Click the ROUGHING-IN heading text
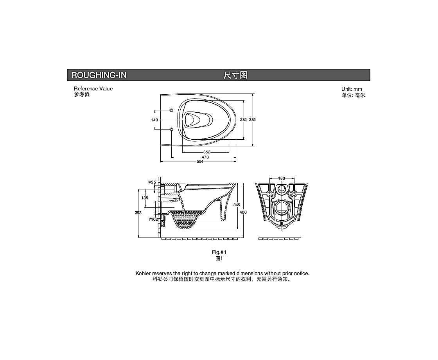coord(99,75)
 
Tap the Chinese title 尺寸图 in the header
coord(235,75)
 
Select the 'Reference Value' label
coord(93,88)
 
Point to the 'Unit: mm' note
coord(352,89)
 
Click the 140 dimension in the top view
coord(154,120)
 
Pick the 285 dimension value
coord(243,119)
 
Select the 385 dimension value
coord(252,119)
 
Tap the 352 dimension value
coord(207,152)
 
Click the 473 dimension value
coord(205,157)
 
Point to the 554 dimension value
coord(200,162)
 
